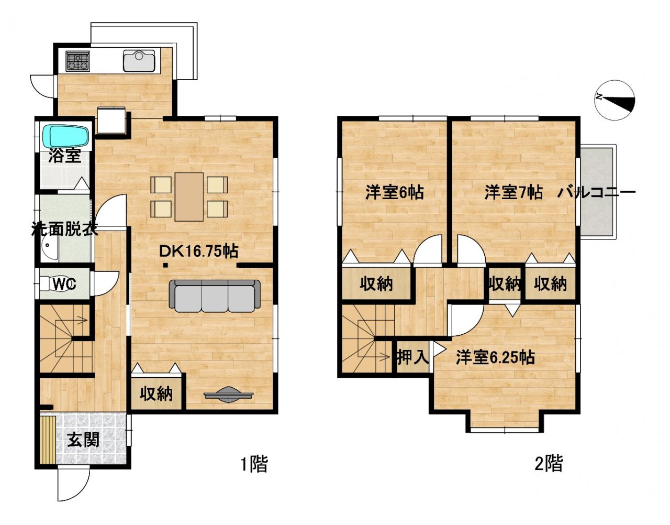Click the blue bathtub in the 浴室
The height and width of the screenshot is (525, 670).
pos(68,136)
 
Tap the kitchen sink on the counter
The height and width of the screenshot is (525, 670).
pos(139,61)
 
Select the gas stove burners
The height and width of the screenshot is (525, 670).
pos(77,61)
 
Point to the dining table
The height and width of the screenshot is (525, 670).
pos(189,196)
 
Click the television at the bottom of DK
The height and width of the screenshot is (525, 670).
pos(228,395)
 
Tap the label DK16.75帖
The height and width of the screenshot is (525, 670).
pos(199,251)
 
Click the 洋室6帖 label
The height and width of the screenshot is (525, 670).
pos(394,192)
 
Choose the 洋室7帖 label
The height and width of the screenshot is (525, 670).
pos(513,192)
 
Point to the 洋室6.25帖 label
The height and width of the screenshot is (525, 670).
pos(495,357)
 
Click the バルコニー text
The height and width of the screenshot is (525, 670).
pos(596,192)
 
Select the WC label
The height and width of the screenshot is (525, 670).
pos(65,284)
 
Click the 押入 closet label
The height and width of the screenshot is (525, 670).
pos(412,357)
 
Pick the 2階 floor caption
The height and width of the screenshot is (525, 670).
pos(549,464)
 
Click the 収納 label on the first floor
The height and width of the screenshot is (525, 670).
pos(156,393)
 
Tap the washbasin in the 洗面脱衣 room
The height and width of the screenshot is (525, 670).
pos(50,249)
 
